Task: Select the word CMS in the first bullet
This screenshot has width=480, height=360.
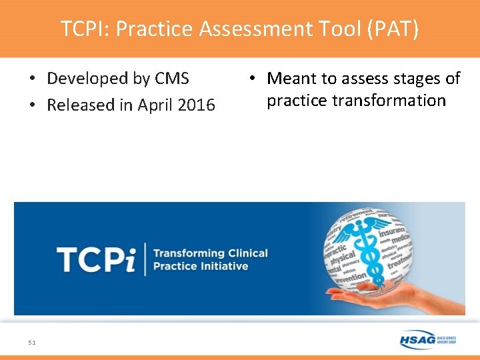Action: [x=171, y=79]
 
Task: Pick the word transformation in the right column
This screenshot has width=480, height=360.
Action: [x=356, y=101]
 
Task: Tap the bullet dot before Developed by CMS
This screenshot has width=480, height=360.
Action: [x=32, y=79]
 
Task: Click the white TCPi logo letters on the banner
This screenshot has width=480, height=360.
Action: [x=95, y=259]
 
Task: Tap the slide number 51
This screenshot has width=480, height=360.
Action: [x=32, y=342]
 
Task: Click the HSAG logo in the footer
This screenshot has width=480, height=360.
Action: [x=427, y=339]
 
